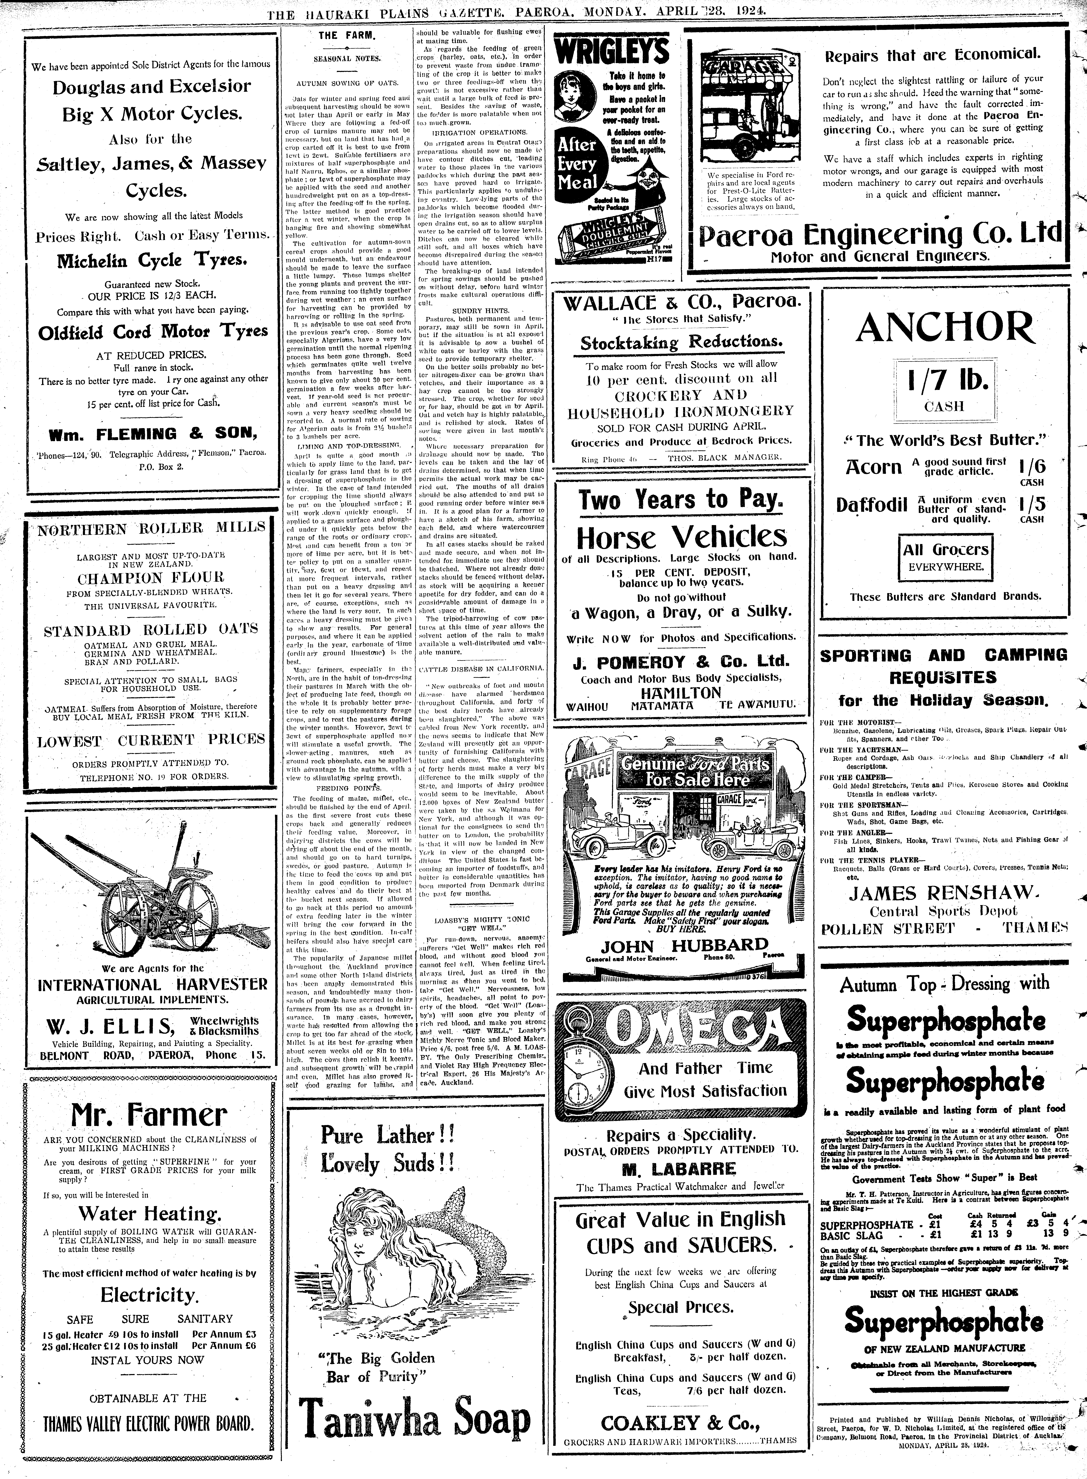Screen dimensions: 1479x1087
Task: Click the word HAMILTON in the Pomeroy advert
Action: (680, 692)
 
